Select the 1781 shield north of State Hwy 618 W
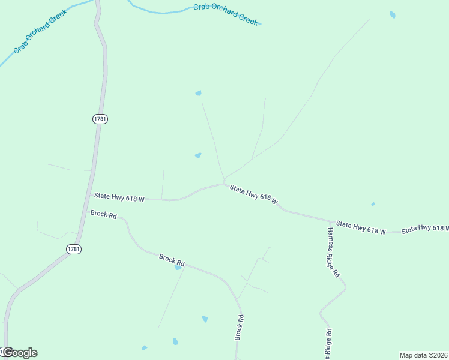100,119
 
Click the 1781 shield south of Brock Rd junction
74,249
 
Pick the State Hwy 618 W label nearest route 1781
119,197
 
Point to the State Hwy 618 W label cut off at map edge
425,229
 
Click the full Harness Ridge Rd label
334,252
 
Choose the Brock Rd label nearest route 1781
103,214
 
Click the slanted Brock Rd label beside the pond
172,259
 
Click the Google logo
19,353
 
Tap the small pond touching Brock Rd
178,267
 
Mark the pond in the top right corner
393,14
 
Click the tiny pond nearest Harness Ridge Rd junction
373,205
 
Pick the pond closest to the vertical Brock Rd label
205,319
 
